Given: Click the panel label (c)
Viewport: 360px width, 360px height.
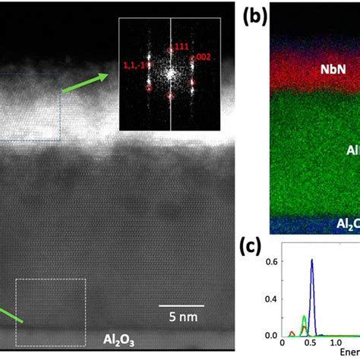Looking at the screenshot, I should [257, 248].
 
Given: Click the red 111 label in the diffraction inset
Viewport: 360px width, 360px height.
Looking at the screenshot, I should [181, 47].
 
